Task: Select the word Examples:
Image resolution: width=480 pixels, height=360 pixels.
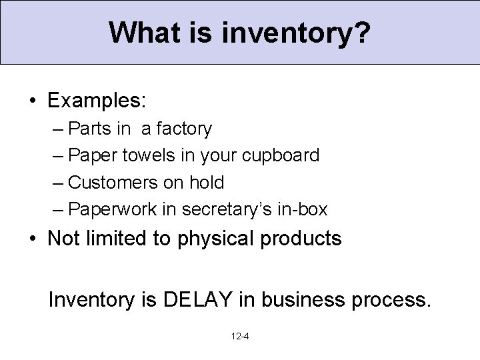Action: pos(96,101)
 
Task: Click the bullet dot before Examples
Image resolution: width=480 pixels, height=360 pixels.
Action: pos(32,101)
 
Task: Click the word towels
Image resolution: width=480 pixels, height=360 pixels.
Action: pos(148,155)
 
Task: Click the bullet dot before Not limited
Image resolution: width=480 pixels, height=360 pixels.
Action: pos(32,239)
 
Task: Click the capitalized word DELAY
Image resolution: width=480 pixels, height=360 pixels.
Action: pos(197,299)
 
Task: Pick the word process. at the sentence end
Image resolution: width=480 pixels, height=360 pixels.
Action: pos(389,300)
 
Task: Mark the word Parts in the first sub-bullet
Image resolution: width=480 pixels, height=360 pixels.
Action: pos(90,129)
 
